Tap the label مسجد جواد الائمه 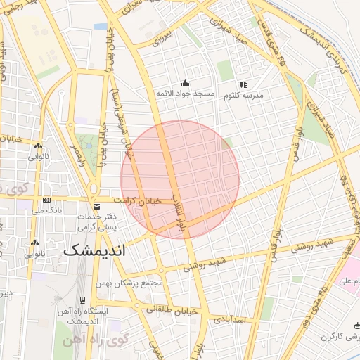[x=185, y=94]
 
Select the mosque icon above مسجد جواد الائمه [x=185, y=83]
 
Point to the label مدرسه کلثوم [x=243, y=94]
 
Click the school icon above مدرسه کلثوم [x=243, y=84]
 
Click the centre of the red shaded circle [x=180, y=179]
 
